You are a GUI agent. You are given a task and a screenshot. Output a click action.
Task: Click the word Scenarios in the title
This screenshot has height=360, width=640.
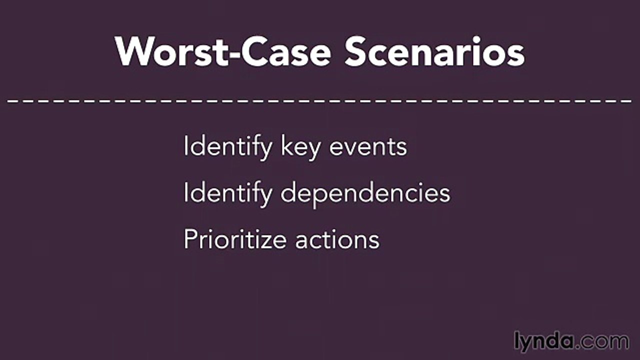point(434,51)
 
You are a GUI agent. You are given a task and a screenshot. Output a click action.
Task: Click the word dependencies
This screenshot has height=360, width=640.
point(365,193)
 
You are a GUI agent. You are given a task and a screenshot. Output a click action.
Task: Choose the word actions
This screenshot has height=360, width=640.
point(337,240)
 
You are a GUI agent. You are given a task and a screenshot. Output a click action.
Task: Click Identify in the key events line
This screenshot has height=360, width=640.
point(227,147)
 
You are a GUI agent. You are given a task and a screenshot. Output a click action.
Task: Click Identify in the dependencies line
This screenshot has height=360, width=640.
point(227,193)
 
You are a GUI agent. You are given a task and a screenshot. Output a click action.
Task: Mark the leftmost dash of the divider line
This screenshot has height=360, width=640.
point(12,100)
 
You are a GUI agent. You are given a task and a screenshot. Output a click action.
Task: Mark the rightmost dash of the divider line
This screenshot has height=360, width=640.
point(627,100)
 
